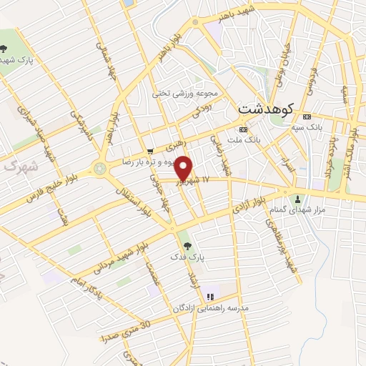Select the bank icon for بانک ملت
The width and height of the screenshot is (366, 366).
pos(243,130)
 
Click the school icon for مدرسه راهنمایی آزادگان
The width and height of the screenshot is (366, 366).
pos(209,297)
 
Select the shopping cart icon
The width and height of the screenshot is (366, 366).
pos(149,151)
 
